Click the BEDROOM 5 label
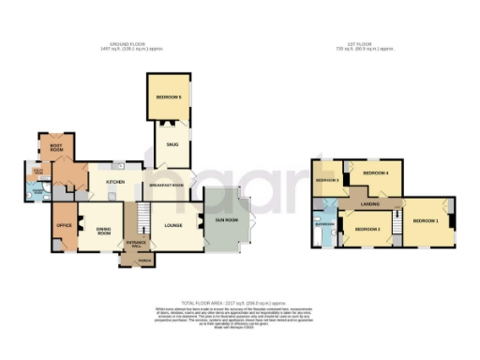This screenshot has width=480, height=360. pos(170,97)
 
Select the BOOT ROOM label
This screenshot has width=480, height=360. pos(49,148)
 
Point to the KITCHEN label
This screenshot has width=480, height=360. pos(116,183)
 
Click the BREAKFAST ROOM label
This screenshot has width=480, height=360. pos(168,186)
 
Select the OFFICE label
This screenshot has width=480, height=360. pos(65,226)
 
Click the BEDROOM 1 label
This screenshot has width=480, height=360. pos(425,221)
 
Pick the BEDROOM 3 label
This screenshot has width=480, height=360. pos(327,180)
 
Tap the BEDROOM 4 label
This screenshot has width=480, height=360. pos(375,173)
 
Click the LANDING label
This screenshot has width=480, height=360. pos(369,202)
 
